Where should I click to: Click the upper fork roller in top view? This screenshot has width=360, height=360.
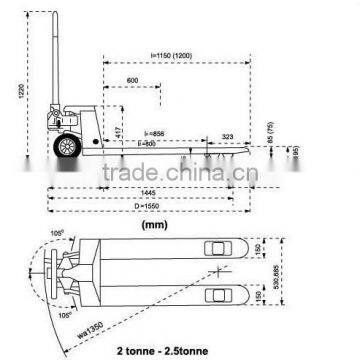point(215,246)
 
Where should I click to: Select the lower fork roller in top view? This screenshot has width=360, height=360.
point(215,296)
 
